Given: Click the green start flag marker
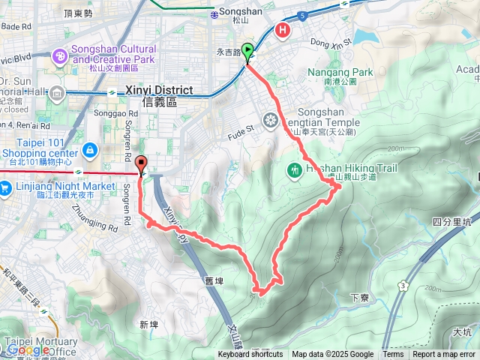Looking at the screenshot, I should coord(248,53).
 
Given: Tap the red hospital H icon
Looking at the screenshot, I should coord(283,31).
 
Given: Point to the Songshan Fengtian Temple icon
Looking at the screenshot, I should coord(270,119).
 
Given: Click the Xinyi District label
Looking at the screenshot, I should coord(158,90).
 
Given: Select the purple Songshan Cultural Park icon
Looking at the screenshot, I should coord(59,56).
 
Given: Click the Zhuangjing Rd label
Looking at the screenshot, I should coord(94,201).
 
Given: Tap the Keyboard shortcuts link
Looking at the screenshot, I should coord(250,355).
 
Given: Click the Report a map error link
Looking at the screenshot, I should coord(444,355).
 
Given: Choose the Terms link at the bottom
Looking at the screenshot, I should coord(393,355).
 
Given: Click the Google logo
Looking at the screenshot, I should coord(28,350).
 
